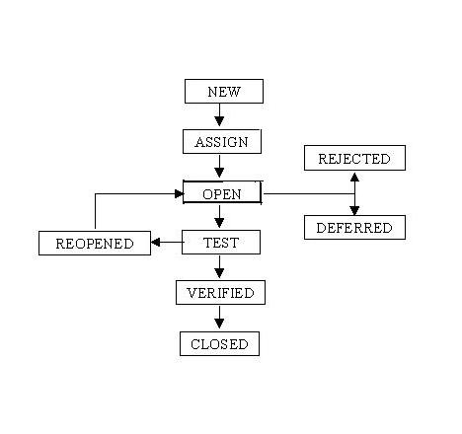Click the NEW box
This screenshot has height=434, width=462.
224,92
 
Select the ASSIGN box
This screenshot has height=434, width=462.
221,142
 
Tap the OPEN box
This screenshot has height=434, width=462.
222,193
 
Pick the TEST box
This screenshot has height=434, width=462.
221,242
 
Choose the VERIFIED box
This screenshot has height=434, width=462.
220,293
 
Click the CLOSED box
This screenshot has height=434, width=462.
220,344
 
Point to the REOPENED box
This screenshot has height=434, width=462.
94,244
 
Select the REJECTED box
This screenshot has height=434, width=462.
354,158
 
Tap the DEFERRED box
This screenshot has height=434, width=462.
354,228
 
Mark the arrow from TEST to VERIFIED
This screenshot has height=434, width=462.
220,267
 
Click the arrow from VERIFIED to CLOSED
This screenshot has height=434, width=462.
220,319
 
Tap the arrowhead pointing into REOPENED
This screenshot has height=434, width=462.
155,242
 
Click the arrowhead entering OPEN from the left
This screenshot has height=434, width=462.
178,193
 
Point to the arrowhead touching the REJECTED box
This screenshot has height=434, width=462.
354,176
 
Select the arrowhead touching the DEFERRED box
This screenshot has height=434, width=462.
354,210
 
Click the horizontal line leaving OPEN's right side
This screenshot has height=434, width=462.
306,193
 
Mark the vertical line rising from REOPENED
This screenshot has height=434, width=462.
95,212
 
